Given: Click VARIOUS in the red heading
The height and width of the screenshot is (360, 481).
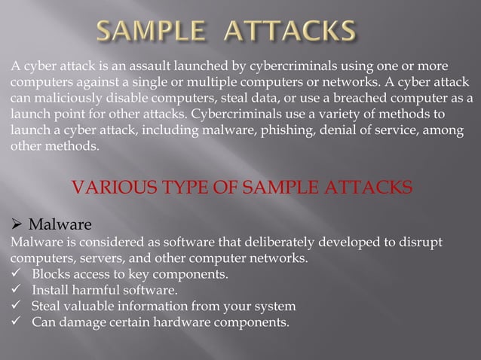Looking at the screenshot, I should pyautogui.click(x=108, y=187).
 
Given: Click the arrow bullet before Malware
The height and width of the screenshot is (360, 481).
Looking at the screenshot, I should pyautogui.click(x=16, y=224).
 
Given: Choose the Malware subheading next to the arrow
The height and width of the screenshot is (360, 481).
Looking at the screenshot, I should pyautogui.click(x=60, y=224).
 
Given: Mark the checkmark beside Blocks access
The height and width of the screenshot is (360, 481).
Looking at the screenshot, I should pyautogui.click(x=16, y=274).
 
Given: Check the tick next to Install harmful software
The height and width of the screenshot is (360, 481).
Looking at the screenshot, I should pyautogui.click(x=16, y=291).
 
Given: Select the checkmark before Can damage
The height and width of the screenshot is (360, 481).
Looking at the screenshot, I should pyautogui.click(x=16, y=323).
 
